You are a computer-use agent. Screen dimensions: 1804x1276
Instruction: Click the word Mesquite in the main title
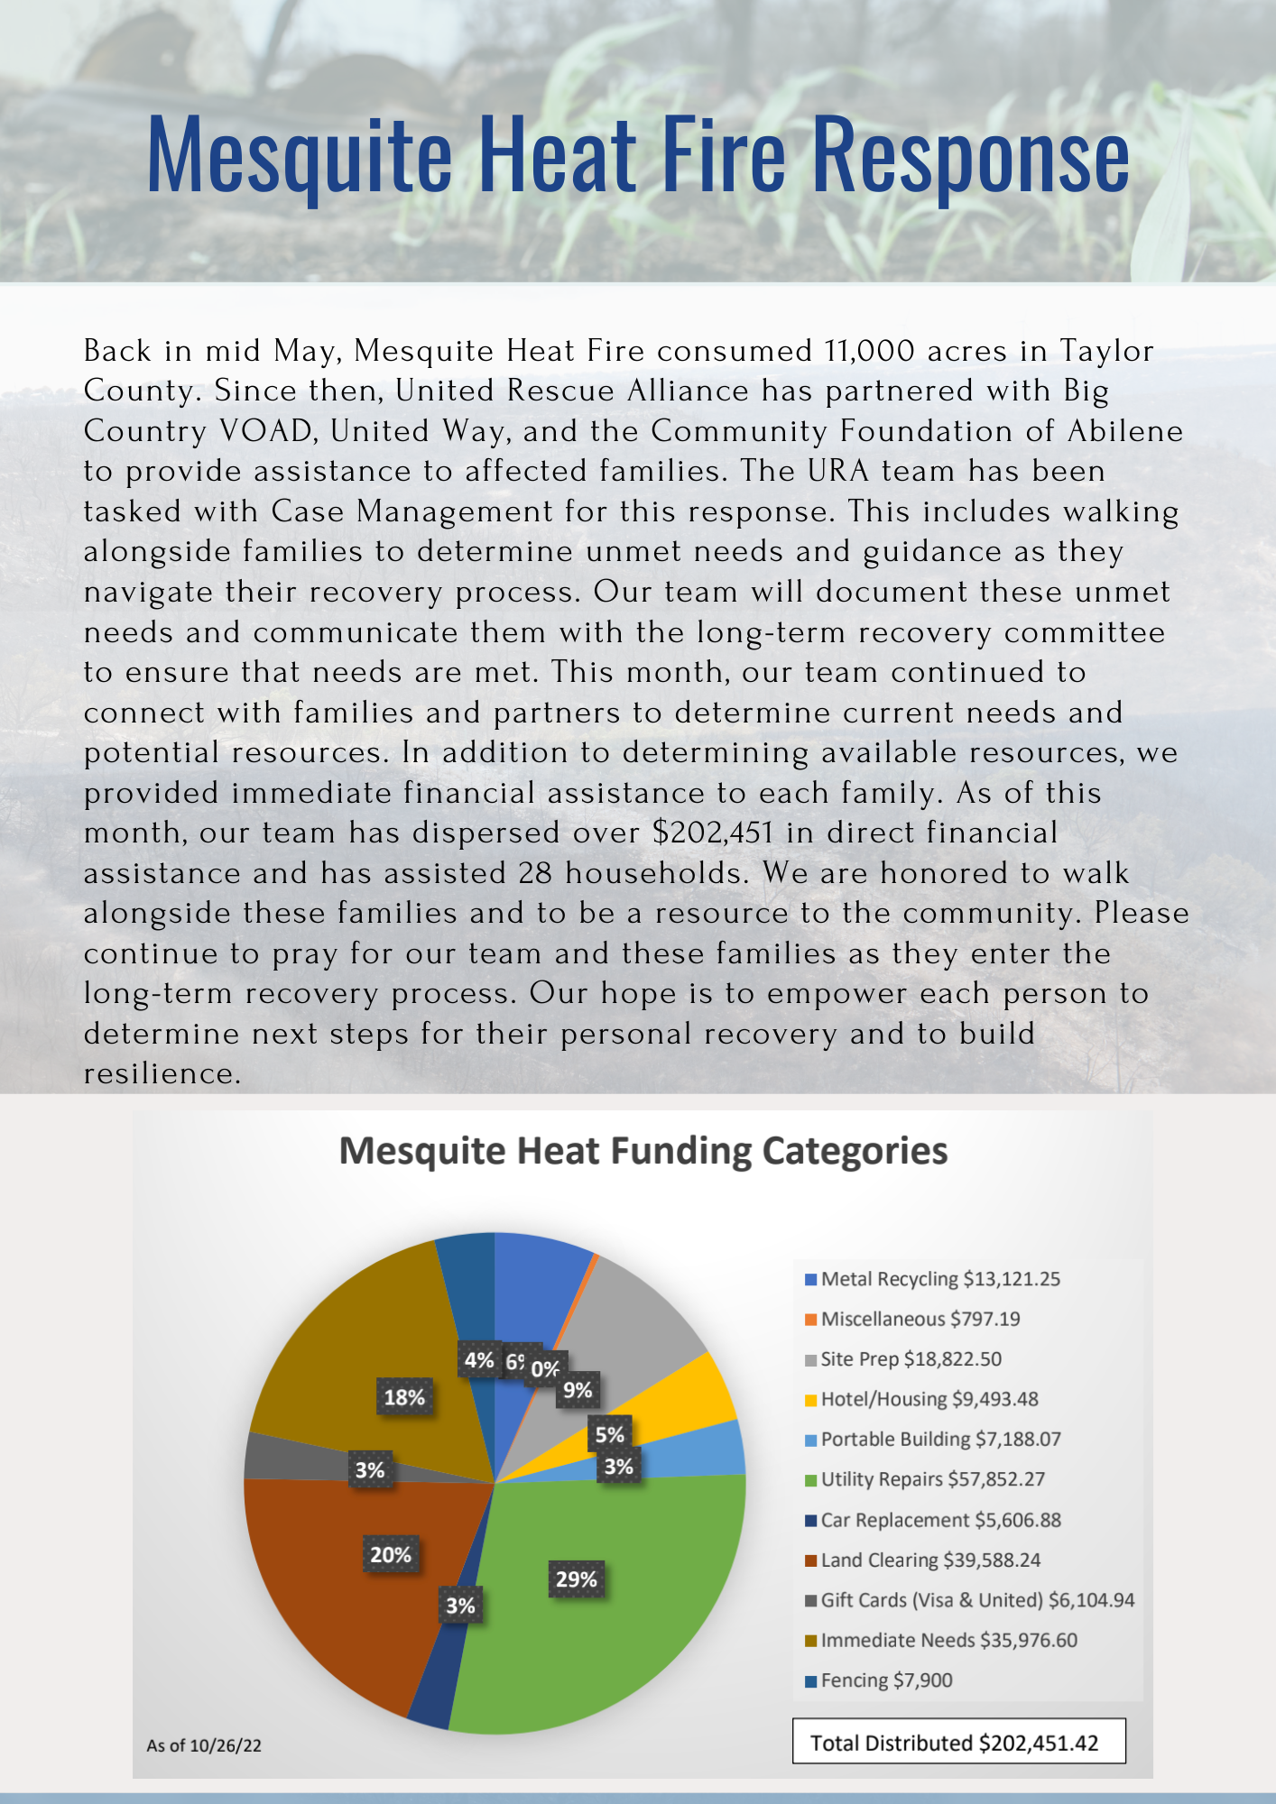tap(299, 155)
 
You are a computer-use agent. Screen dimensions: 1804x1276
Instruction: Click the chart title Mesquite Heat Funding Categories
tap(643, 1151)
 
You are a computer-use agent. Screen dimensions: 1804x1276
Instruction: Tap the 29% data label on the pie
tap(577, 1579)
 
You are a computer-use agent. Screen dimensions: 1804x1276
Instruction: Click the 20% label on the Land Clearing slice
tap(391, 1554)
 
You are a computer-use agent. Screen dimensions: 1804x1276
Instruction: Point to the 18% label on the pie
tap(404, 1397)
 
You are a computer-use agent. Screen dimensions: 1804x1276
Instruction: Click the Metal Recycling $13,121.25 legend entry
tap(939, 1279)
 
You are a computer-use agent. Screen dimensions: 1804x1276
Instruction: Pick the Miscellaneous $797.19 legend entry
tap(920, 1319)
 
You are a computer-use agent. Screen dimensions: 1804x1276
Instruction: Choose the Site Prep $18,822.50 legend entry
tap(911, 1359)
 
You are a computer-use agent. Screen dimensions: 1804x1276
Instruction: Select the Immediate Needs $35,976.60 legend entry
tap(948, 1640)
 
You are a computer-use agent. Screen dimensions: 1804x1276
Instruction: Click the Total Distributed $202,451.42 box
tap(958, 1743)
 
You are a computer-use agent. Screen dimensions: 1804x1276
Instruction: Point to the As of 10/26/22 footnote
tap(204, 1745)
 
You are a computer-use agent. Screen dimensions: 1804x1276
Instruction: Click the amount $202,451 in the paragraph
tap(713, 833)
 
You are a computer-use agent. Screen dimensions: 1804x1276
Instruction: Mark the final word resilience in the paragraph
tap(162, 1073)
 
